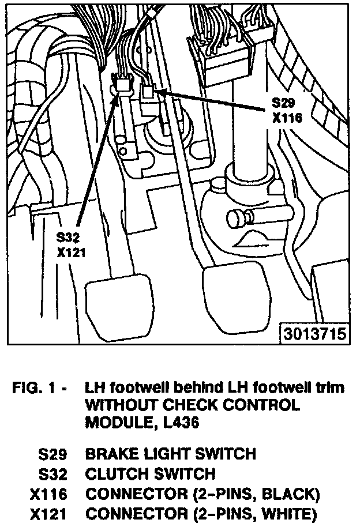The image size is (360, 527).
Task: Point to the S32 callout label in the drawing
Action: pyautogui.click(x=69, y=237)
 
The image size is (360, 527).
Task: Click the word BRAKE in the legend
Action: pyautogui.click(x=107, y=453)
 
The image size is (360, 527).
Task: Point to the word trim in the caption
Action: pyautogui.click(x=331, y=387)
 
